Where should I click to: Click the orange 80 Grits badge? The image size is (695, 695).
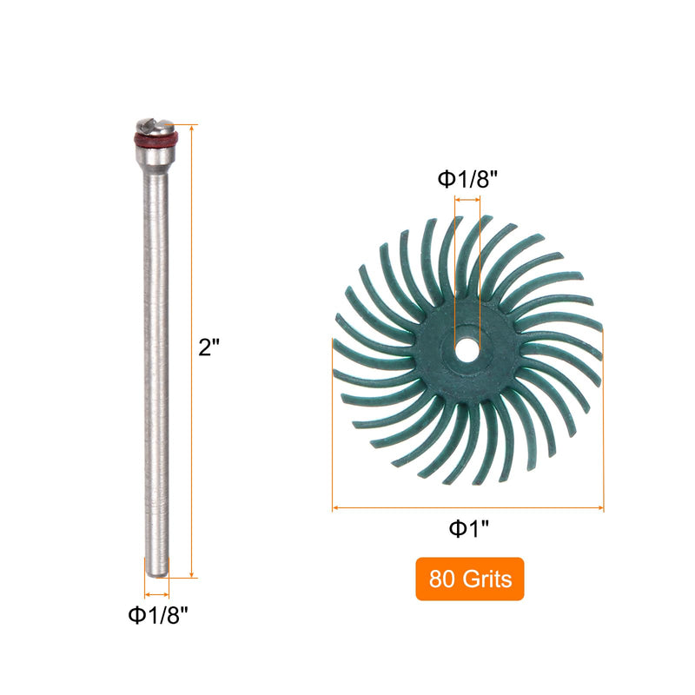pos(470,579)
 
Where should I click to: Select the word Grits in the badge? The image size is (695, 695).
pos(487,579)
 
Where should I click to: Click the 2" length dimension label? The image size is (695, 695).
pos(208,347)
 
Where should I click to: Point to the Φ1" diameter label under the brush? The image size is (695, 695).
pos(469,529)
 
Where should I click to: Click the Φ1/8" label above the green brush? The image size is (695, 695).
pos(467,180)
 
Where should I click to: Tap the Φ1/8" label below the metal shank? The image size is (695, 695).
pos(158,615)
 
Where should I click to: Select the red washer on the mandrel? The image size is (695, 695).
pos(156,139)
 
